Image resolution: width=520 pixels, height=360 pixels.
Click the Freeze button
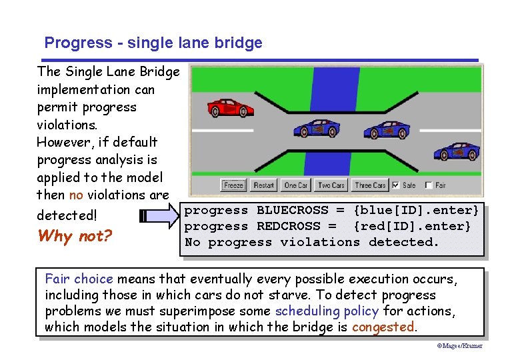pyautogui.click(x=233, y=185)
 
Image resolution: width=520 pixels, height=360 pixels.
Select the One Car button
pyautogui.click(x=295, y=185)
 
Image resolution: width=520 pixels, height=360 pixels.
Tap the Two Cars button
pyautogui.click(x=331, y=185)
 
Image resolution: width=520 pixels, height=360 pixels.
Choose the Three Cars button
pyautogui.click(x=370, y=185)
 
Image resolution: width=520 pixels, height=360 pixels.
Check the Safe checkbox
pyautogui.click(x=397, y=185)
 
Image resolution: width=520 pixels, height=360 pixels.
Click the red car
pyautogui.click(x=230, y=107)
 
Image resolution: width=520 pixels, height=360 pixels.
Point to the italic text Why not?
pyautogui.click(x=74, y=236)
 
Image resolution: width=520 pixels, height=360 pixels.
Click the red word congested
pyautogui.click(x=383, y=327)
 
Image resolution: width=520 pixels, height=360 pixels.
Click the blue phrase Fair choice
pyautogui.click(x=79, y=279)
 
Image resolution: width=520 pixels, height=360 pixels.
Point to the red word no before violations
pyautogui.click(x=76, y=195)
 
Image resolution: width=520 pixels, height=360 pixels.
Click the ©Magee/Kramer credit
pyautogui.click(x=459, y=346)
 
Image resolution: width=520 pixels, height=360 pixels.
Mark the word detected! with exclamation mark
pyautogui.click(x=67, y=215)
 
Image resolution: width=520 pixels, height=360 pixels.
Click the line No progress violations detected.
pyautogui.click(x=312, y=243)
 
